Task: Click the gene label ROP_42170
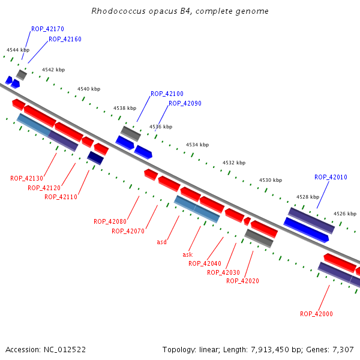click(47, 29)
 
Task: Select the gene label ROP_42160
click(65, 40)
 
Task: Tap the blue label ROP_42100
click(167, 94)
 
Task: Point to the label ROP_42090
click(185, 104)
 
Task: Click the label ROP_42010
click(331, 178)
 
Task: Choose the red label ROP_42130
click(26, 179)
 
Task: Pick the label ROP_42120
click(44, 188)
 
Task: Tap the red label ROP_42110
click(61, 197)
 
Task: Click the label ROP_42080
click(110, 222)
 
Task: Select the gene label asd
click(161, 242)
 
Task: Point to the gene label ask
click(187, 254)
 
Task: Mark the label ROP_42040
click(205, 263)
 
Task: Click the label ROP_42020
click(242, 281)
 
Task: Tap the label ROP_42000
click(316, 314)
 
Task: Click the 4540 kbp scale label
click(89, 89)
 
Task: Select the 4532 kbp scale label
click(234, 163)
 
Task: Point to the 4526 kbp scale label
click(344, 214)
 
